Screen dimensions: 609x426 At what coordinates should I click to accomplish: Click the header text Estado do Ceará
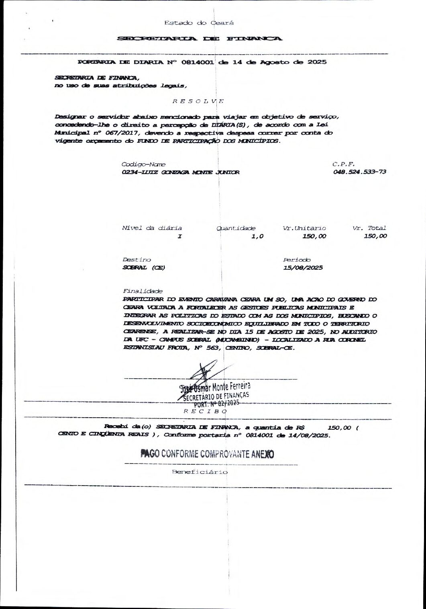point(199,23)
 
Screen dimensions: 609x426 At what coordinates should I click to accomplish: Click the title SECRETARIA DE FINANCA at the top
point(199,39)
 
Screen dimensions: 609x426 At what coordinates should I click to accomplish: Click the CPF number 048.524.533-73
point(359,172)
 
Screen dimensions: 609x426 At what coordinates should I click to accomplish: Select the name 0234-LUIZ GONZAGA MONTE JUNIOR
point(181,172)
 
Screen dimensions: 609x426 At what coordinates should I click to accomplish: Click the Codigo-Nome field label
point(144,164)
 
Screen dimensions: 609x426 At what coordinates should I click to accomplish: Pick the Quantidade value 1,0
point(257,236)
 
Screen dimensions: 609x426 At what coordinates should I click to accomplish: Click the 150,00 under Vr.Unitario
point(314,236)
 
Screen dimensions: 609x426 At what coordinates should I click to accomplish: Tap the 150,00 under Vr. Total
point(375,236)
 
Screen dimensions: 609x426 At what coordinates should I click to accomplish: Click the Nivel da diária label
point(152,228)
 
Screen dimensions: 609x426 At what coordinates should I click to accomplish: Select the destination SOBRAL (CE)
point(144,268)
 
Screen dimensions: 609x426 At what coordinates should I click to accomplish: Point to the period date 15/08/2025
point(303,268)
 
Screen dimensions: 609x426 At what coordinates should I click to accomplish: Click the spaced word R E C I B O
point(205,411)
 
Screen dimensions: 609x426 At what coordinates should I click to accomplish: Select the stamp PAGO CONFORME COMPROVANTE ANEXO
point(207,454)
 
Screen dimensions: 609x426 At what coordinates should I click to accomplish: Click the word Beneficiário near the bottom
point(200,472)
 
